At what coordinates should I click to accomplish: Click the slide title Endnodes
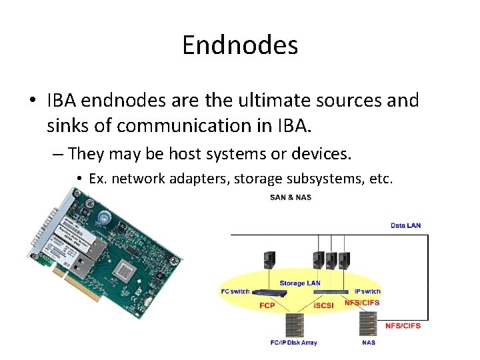[x=239, y=46]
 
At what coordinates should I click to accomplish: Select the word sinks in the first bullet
[x=69, y=125]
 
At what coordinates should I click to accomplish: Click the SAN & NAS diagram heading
[x=290, y=197]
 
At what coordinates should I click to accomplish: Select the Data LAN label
[x=405, y=225]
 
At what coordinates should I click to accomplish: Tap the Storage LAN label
[x=299, y=283]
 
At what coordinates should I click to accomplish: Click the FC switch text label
[x=235, y=291]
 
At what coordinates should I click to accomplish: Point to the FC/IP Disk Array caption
[x=294, y=343]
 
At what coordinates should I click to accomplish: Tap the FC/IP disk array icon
[x=294, y=325]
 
